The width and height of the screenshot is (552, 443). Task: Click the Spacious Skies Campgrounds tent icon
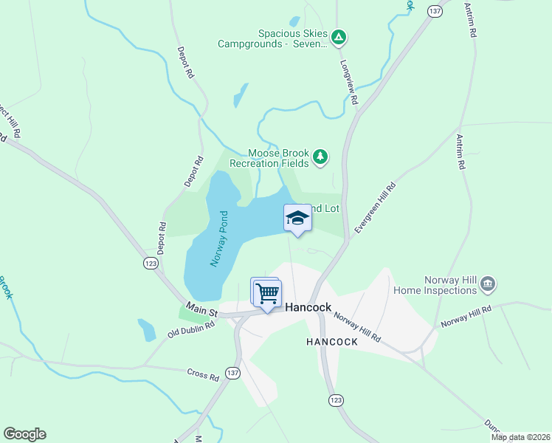(x=338, y=36)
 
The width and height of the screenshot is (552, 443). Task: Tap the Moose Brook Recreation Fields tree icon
(x=320, y=156)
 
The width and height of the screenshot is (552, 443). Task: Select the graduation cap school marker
(x=297, y=219)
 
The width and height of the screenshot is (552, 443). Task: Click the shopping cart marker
(x=267, y=292)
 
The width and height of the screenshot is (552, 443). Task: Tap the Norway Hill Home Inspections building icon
(x=488, y=284)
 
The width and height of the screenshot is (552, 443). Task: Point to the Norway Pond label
(x=220, y=238)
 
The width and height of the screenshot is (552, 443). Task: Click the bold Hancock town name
(x=308, y=307)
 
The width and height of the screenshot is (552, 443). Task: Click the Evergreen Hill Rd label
(x=375, y=208)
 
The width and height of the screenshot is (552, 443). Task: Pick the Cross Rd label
(x=203, y=376)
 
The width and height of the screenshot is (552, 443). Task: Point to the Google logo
(x=24, y=434)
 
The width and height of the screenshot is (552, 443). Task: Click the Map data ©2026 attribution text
(x=520, y=437)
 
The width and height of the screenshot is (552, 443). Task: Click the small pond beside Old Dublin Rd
(x=146, y=329)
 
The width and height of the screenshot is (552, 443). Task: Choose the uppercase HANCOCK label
(x=332, y=342)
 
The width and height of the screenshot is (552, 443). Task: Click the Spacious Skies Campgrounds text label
(x=272, y=38)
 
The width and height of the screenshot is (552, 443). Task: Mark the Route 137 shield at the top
(x=435, y=11)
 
